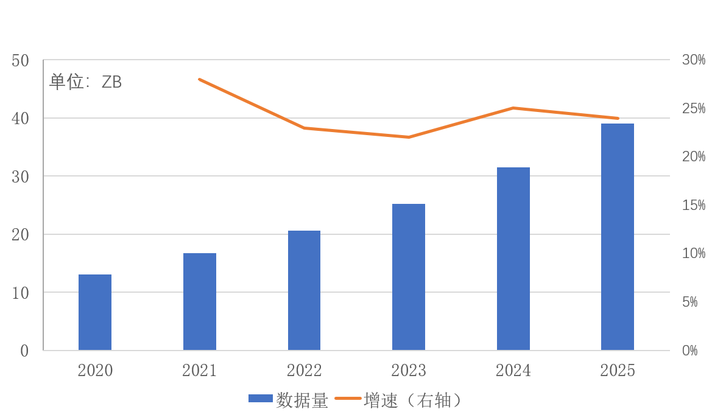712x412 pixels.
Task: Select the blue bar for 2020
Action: coord(95,312)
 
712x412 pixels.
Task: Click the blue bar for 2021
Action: coord(200,301)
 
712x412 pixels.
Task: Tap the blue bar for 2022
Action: coord(304,290)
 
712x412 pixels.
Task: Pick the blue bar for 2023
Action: coord(409,277)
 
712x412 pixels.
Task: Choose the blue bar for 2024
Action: coord(513,259)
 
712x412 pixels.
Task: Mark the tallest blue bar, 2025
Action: coord(618,237)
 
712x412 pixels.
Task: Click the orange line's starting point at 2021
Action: coord(199,79)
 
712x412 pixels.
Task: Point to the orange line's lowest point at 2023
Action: coord(409,137)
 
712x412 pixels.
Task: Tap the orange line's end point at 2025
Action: coord(618,118)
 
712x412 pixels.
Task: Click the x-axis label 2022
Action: coord(304,370)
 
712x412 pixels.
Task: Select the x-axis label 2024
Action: coord(513,370)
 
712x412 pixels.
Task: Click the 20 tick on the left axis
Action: coord(20,234)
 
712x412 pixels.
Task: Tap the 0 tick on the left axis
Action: coord(24,351)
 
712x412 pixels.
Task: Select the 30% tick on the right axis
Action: coord(693,60)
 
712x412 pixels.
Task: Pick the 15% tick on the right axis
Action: coord(693,205)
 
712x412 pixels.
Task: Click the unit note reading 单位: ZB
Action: coord(86,82)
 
